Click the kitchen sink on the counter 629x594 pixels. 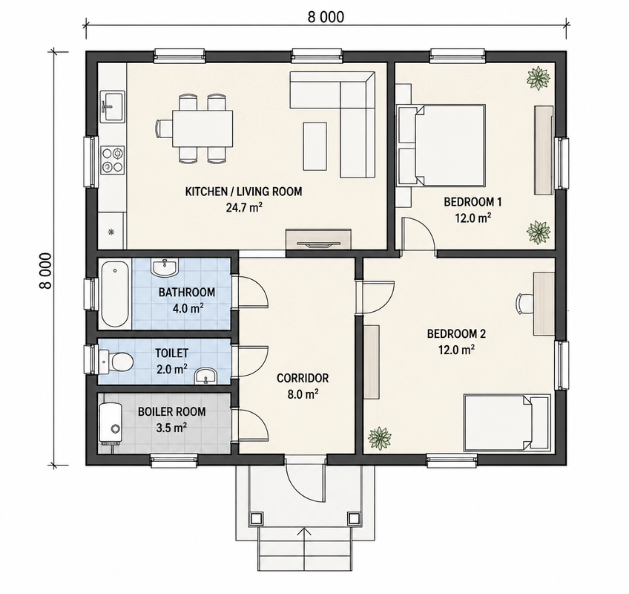[x=113, y=106]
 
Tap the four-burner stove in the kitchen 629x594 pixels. [x=112, y=160]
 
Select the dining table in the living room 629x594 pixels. [x=202, y=128]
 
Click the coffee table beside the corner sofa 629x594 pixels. [x=315, y=146]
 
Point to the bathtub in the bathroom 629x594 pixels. [x=115, y=294]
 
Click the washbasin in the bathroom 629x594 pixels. [x=165, y=267]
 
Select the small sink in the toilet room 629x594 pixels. [x=205, y=376]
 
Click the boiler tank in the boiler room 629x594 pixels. [x=110, y=424]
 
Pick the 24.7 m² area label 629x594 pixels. [x=244, y=208]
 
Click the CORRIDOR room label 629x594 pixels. [x=303, y=378]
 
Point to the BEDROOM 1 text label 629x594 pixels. [x=472, y=202]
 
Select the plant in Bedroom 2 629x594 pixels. [x=380, y=438]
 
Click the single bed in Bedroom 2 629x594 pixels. [x=507, y=422]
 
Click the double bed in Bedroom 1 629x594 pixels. [x=441, y=146]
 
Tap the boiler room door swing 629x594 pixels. [x=254, y=425]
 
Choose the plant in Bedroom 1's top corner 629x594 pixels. [x=538, y=78]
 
